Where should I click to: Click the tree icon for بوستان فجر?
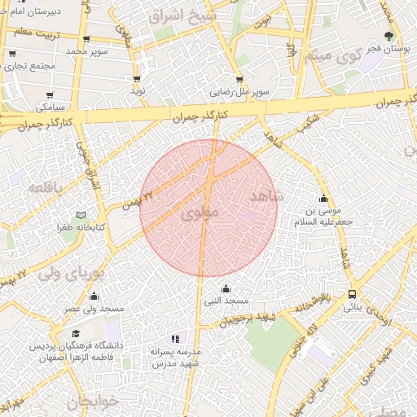pos(388,36)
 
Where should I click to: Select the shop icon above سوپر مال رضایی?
pos(239,80)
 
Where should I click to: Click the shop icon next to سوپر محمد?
pos(86,38)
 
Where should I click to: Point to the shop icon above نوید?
pos(136,79)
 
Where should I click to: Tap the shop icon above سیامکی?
pos(50,95)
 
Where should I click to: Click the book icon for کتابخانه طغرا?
pos(81,215)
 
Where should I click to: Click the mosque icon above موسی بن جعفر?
pos(324,199)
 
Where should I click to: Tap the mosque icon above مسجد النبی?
pos(226,289)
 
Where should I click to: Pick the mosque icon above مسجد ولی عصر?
pos(94,296)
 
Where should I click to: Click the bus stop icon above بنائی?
pos(352,295)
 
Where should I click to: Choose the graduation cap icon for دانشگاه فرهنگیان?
pos(76,334)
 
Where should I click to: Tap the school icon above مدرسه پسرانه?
pos(174,338)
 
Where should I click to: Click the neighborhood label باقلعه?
pos(46,187)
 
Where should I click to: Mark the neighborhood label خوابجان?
pos(92,402)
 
